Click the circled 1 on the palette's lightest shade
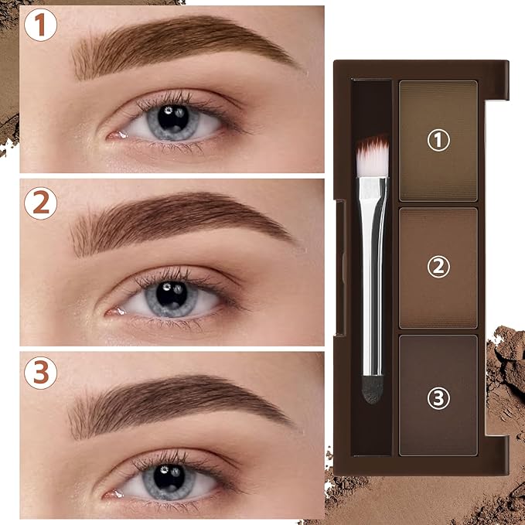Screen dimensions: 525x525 click(438, 140)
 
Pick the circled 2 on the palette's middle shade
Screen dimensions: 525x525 click(438, 267)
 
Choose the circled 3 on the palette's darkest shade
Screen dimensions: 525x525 click(438, 399)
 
